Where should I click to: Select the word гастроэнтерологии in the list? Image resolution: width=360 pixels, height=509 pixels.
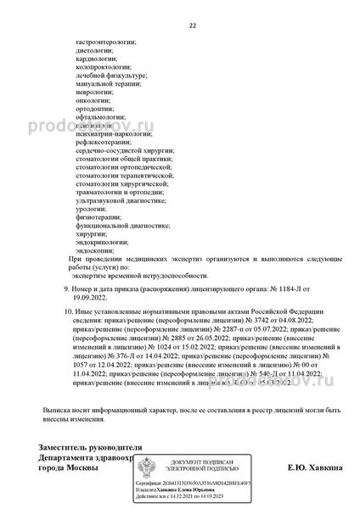(x=106, y=42)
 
